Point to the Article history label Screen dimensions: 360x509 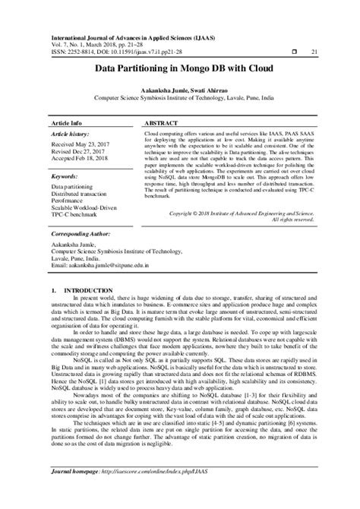coord(72,132)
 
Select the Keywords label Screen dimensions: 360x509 coord(67,176)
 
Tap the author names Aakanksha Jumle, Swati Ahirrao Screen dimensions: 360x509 coord(180,89)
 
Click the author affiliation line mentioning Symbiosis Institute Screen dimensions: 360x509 coord(180,98)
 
